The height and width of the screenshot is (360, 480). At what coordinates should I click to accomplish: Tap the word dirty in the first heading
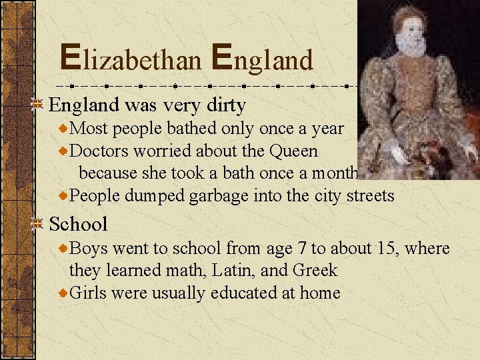(x=223, y=105)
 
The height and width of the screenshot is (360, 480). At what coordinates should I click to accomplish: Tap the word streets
(x=369, y=196)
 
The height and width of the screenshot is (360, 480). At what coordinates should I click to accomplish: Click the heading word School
(x=78, y=223)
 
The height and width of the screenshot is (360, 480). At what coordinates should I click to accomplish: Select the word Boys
(x=89, y=249)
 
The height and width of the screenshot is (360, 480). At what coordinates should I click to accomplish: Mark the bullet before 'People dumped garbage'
(x=63, y=196)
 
